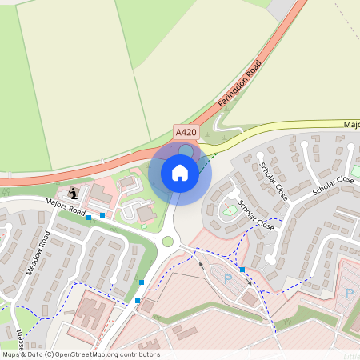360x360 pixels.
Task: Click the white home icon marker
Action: [180, 173]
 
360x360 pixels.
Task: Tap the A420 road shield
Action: [185, 133]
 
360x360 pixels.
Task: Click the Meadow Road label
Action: [38, 253]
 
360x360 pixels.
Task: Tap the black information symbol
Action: [74, 193]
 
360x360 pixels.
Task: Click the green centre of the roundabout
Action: [168, 242]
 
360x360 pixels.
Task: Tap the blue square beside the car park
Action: [242, 269]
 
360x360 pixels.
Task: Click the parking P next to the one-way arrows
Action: [227, 278]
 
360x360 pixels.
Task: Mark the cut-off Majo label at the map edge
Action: [352, 126]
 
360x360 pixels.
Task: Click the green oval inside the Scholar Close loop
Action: [230, 210]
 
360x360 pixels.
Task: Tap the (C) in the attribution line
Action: [50, 354]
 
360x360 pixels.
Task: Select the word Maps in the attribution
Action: [10, 354]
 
